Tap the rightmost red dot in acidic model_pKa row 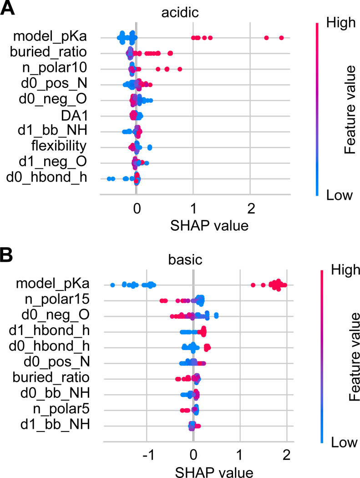pyautogui.click(x=281, y=38)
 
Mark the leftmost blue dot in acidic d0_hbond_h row pyautogui.click(x=109, y=178)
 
